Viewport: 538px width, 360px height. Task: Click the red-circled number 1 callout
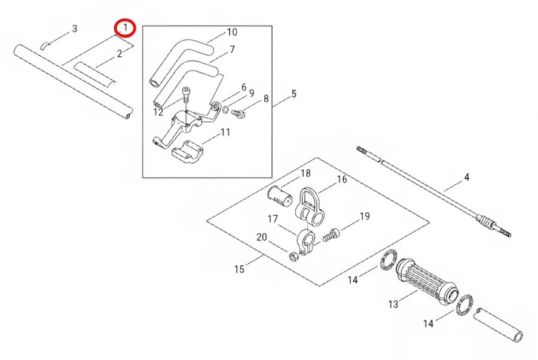pos(126,28)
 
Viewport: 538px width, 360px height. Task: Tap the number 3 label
pos(74,29)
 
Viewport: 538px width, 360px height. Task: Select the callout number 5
pos(294,94)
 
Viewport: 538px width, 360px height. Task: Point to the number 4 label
pos(466,178)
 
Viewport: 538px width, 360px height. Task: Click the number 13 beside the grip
pos(393,304)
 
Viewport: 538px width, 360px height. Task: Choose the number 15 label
pos(239,269)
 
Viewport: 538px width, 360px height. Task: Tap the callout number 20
pos(261,237)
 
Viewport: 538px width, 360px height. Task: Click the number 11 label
pos(225,132)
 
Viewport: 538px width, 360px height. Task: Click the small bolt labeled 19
pos(332,235)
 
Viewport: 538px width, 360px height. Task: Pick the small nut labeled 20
pos(294,257)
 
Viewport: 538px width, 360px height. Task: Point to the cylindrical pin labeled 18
pos(277,194)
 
